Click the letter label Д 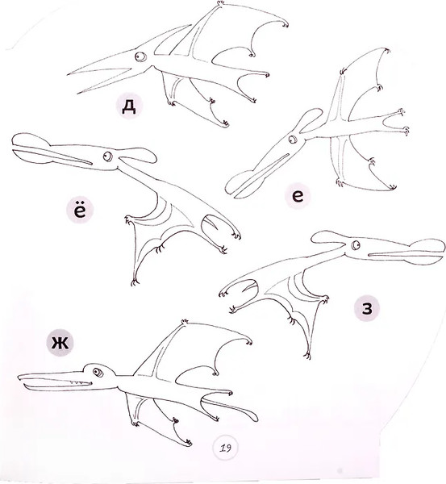(x=129, y=106)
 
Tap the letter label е (x=298, y=196)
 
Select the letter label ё (x=80, y=210)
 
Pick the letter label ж (x=60, y=343)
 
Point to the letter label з (x=367, y=308)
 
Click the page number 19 (x=226, y=448)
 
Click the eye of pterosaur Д (x=140, y=56)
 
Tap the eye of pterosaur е (x=292, y=140)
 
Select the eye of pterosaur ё (x=108, y=156)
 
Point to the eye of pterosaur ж (x=98, y=373)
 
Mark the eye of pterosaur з (x=356, y=245)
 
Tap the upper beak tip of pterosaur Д (x=69, y=74)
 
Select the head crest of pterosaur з (x=327, y=238)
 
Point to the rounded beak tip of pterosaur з (x=427, y=252)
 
